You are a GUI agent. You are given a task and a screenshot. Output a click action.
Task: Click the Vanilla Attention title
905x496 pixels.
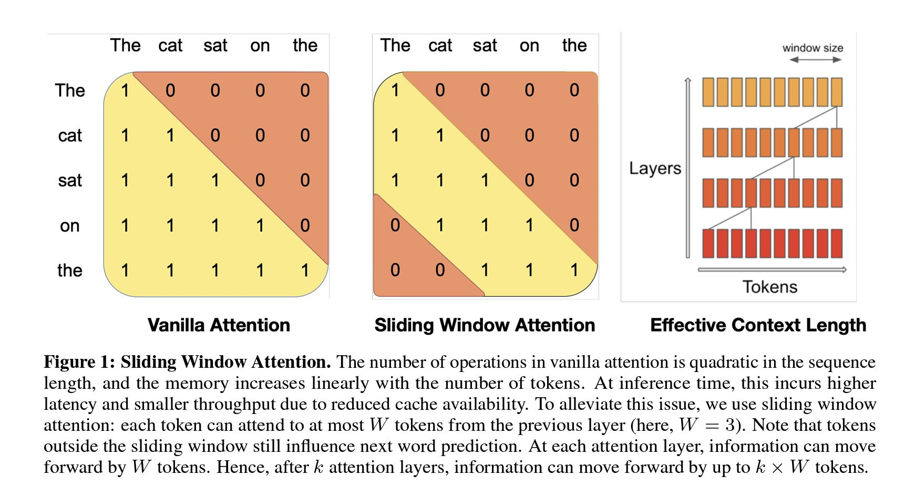(219, 325)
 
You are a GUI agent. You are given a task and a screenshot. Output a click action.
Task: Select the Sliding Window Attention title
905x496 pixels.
(485, 325)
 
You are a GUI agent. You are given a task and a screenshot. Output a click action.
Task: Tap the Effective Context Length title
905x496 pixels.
(758, 325)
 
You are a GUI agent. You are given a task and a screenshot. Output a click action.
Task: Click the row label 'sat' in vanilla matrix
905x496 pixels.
(70, 180)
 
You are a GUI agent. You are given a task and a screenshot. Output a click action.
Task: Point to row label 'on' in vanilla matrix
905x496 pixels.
(69, 225)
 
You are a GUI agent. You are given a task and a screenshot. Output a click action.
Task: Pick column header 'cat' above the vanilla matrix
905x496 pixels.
(170, 46)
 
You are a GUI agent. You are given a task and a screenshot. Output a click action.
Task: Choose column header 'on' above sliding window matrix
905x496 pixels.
(529, 46)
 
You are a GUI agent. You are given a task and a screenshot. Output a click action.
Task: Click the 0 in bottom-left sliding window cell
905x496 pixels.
(395, 270)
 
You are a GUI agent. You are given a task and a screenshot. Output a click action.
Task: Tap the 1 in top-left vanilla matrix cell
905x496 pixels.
(125, 90)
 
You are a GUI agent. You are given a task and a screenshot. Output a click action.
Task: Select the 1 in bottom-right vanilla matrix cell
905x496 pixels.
(305, 270)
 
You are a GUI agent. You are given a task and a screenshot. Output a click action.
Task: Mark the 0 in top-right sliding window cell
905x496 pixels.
(574, 90)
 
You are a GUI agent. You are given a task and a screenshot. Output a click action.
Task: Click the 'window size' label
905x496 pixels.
(813, 48)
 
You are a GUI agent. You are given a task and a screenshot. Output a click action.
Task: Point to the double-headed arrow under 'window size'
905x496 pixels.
(816, 60)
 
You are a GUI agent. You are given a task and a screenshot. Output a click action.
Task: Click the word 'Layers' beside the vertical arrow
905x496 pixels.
(655, 168)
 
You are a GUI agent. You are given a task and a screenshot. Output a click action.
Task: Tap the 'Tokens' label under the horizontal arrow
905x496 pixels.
(769, 287)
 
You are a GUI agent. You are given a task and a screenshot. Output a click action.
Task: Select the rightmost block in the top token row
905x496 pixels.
(836, 92)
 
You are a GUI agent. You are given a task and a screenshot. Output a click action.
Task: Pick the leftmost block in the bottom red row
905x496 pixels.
(708, 243)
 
